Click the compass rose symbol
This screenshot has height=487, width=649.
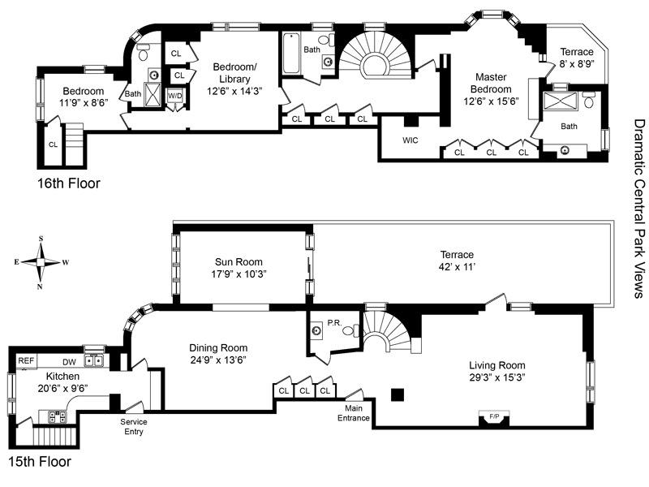pyautogui.click(x=41, y=261)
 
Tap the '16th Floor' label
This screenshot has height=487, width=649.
pyautogui.click(x=69, y=183)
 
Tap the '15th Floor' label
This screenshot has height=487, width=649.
pyautogui.click(x=41, y=462)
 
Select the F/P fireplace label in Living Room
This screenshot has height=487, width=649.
pyautogui.click(x=492, y=416)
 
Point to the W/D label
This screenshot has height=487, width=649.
pyautogui.click(x=174, y=96)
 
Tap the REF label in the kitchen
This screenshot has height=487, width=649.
pyautogui.click(x=27, y=360)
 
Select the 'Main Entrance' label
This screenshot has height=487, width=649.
pyautogui.click(x=354, y=414)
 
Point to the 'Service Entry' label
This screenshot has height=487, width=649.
pyautogui.click(x=134, y=426)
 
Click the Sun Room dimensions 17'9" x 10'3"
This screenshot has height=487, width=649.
pyautogui.click(x=240, y=274)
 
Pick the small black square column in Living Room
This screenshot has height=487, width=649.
pyautogui.click(x=396, y=394)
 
